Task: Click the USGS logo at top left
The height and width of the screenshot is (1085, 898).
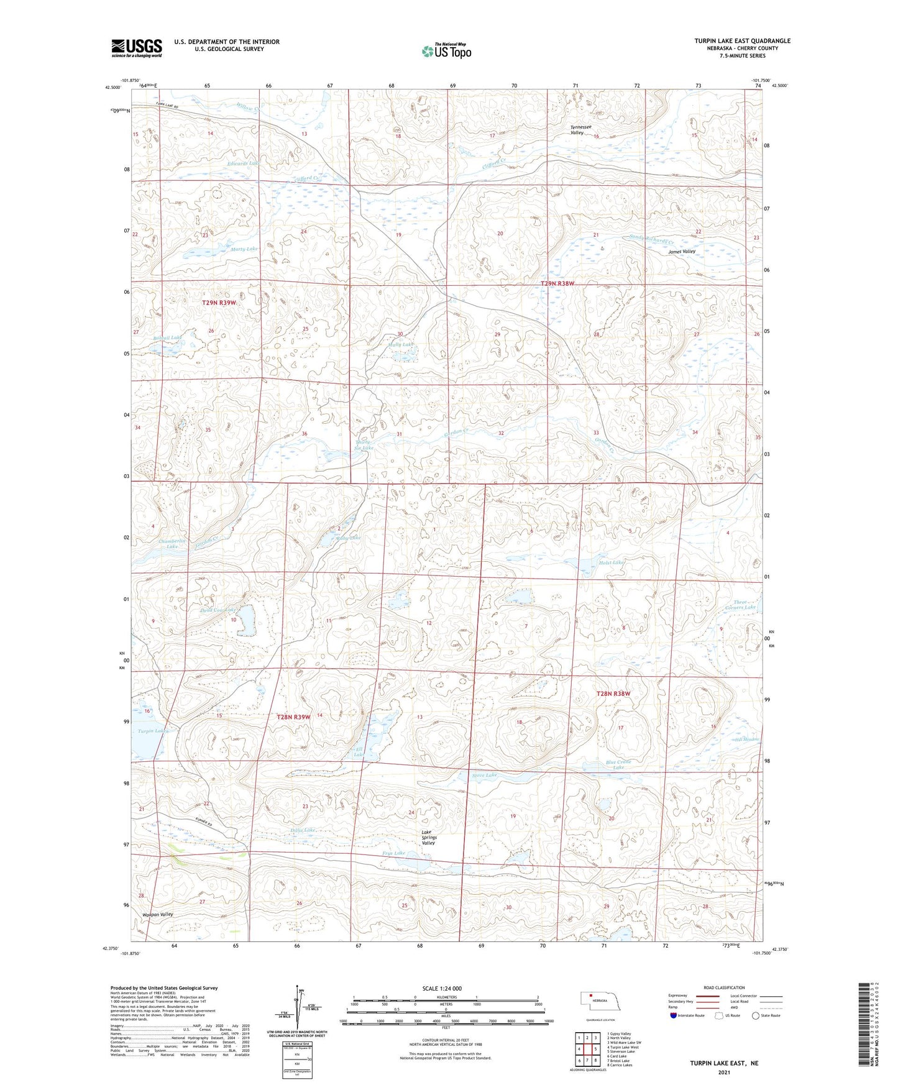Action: tap(137, 47)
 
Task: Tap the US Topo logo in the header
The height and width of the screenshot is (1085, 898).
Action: tap(446, 51)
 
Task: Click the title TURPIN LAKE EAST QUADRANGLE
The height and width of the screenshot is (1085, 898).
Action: tap(742, 41)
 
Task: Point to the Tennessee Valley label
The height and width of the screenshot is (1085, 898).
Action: tap(577, 129)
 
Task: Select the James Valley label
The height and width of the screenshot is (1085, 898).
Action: tap(682, 252)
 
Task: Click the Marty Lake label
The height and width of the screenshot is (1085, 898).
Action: tap(243, 249)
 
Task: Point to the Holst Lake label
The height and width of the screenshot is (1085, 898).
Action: tap(611, 562)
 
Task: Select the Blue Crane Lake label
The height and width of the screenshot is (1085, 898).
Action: tap(618, 764)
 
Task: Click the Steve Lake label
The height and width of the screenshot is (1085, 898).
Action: tap(485, 776)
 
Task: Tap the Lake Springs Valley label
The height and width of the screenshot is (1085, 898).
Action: tap(429, 837)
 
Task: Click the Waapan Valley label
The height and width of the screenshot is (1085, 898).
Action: tap(157, 915)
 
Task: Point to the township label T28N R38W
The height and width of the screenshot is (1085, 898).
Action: tap(613, 694)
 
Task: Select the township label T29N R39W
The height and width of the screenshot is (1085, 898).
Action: tap(219, 302)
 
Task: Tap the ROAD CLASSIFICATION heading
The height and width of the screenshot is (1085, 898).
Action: tap(725, 987)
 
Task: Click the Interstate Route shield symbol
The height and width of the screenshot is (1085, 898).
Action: tap(674, 1016)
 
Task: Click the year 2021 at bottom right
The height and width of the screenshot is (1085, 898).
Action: tap(723, 1073)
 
